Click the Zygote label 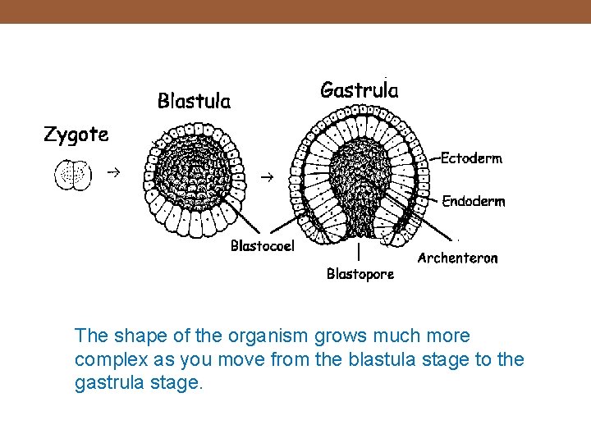coord(76,135)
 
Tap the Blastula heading coord(194,101)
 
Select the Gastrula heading coord(359,89)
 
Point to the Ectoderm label coord(471,159)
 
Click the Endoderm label coord(474,201)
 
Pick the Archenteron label coord(457,258)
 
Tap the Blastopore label coord(360,274)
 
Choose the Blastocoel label coord(262,245)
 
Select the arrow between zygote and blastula coord(112,173)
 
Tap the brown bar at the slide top coord(295,11)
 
